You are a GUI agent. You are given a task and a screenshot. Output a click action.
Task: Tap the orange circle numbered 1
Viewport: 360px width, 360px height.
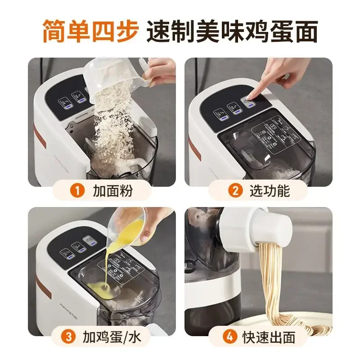click(79, 191)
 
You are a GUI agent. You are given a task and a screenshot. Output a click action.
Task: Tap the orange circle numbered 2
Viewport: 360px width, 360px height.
click(234, 191)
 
